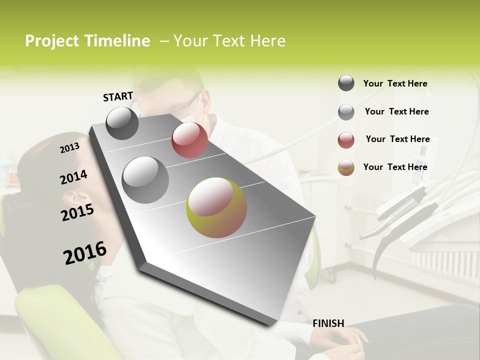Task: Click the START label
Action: click(118, 96)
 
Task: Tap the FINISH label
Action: click(328, 323)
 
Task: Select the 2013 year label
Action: click(69, 148)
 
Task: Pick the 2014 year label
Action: click(73, 177)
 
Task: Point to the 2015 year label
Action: click(77, 212)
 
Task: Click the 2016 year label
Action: click(85, 253)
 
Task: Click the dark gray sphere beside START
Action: click(122, 123)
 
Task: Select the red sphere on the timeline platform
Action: click(189, 140)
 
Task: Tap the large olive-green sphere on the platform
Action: click(216, 207)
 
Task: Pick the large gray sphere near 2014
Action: click(145, 179)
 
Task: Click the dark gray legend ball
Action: click(346, 83)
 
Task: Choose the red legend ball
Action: click(346, 140)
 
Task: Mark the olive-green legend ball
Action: click(346, 167)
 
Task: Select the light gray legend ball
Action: click(346, 112)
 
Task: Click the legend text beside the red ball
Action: click(397, 139)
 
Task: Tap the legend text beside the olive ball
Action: click(395, 167)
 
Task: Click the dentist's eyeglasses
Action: click(185, 105)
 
